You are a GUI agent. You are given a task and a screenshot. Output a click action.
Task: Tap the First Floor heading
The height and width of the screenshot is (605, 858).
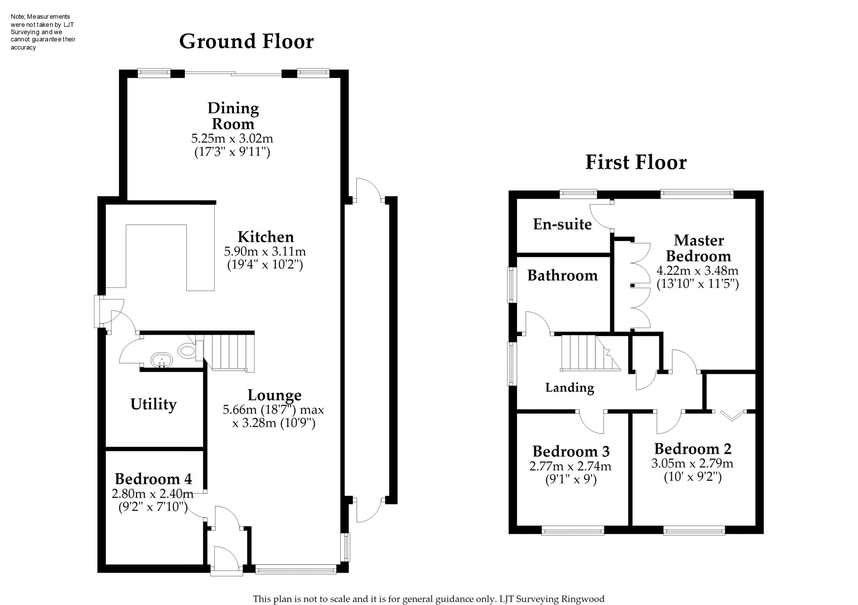[x=636, y=162]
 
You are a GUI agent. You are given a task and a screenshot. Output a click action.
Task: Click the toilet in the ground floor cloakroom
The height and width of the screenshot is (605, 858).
[x=187, y=351]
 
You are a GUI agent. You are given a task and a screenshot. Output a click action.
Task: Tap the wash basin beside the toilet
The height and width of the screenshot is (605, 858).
[x=161, y=361]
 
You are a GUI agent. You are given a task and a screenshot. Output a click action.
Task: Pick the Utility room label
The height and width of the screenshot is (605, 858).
[x=153, y=404]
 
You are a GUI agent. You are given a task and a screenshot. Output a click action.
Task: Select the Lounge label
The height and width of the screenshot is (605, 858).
[x=274, y=395]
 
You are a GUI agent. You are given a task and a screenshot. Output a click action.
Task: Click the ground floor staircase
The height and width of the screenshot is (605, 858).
[x=228, y=352]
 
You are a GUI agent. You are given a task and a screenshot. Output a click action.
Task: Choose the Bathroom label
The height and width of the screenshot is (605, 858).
[x=562, y=276]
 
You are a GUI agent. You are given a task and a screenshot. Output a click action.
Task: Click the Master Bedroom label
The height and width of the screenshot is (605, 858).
[x=698, y=248]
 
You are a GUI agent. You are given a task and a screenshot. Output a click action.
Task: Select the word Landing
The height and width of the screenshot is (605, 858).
[x=569, y=388]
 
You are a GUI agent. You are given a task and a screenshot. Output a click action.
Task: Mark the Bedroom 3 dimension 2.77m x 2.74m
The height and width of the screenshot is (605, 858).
[x=570, y=466]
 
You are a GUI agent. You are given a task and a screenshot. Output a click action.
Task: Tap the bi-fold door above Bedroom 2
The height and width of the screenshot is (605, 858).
[x=732, y=415]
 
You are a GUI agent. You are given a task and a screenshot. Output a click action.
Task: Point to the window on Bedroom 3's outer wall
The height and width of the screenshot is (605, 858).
[x=573, y=530]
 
